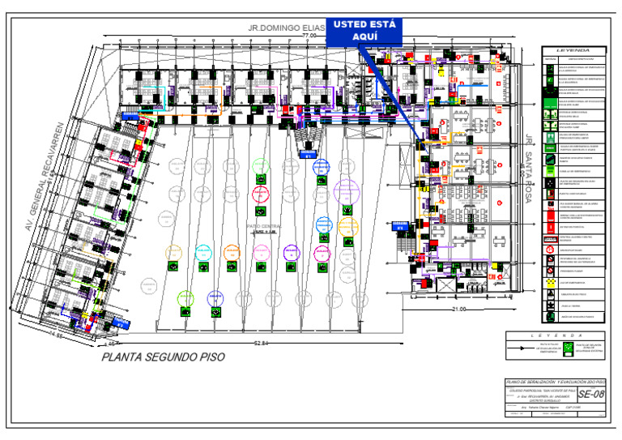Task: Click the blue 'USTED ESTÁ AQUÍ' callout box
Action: click(364, 35)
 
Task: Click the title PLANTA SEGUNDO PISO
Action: click(163, 357)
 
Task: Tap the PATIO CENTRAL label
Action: click(263, 227)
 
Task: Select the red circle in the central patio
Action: click(261, 194)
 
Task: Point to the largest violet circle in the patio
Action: click(347, 191)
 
